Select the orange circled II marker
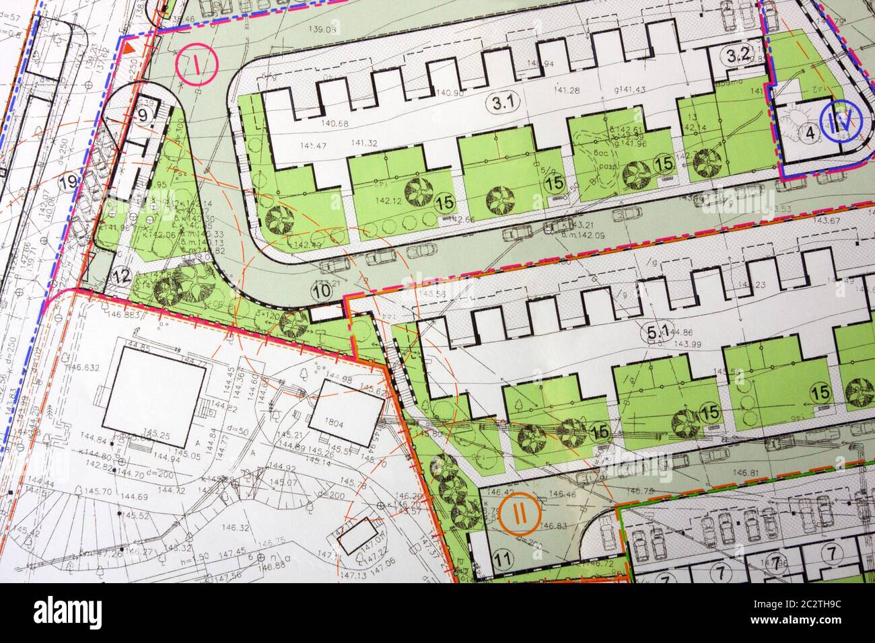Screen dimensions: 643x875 click(x=519, y=513)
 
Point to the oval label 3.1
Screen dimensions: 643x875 click(x=504, y=103)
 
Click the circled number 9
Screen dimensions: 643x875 click(x=143, y=115)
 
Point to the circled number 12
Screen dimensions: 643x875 click(x=121, y=274)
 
